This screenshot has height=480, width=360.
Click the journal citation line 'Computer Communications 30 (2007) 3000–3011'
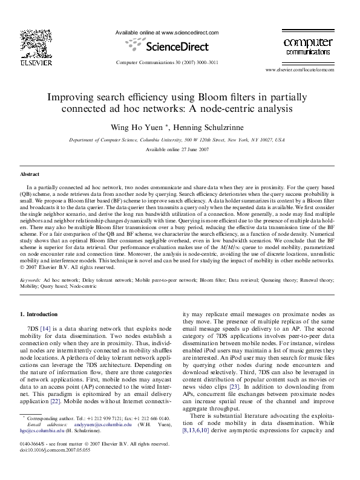click(x=167, y=63)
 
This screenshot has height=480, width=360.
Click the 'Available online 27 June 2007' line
click(x=177, y=149)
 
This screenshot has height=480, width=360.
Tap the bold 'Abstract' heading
click(x=30, y=174)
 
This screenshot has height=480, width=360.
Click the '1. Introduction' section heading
click(x=39, y=314)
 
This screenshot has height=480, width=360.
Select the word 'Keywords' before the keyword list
click(x=30, y=281)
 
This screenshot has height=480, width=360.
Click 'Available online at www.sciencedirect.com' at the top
click(x=166, y=33)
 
